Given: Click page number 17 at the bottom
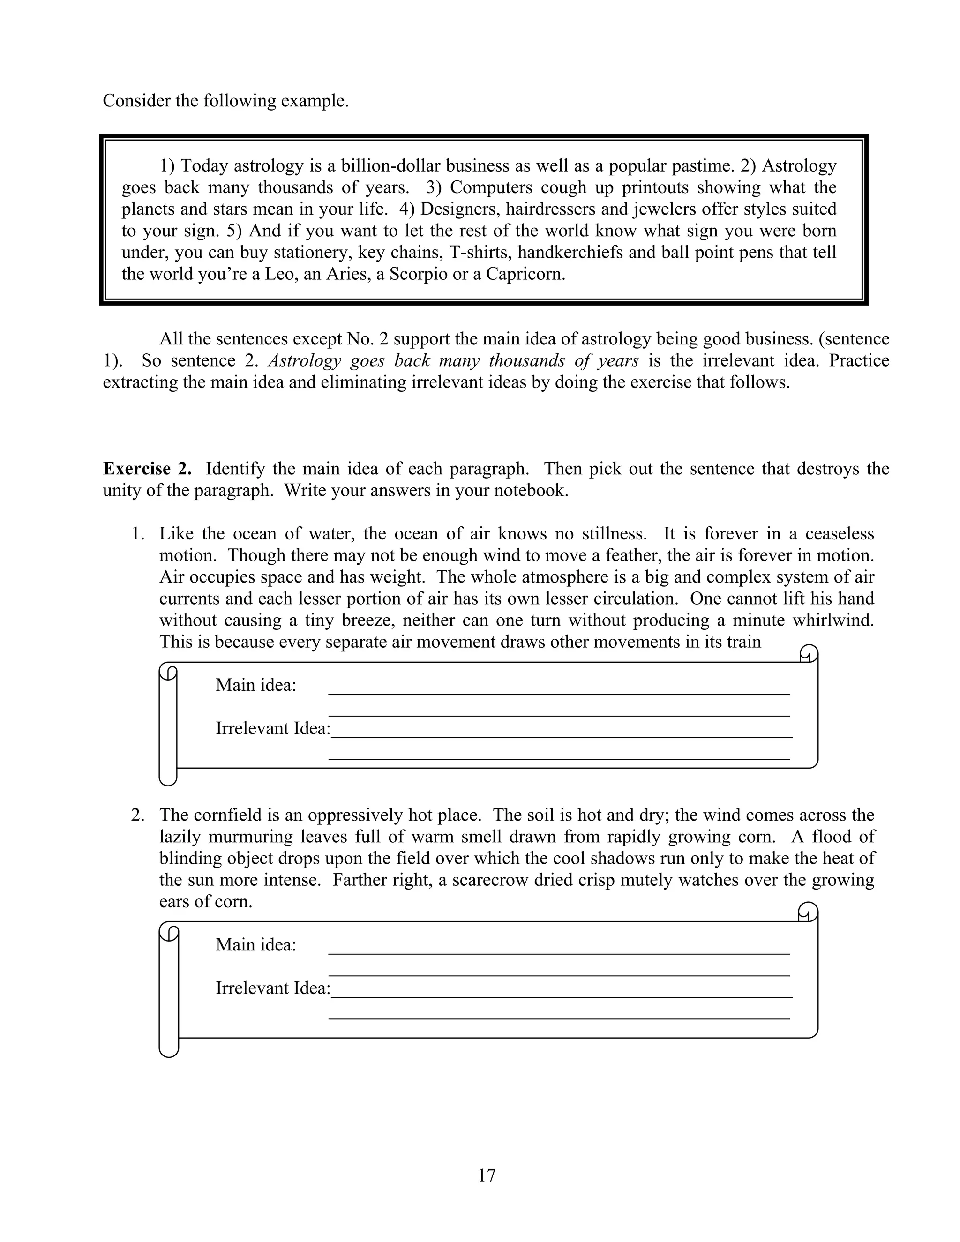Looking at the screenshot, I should pos(487,1175).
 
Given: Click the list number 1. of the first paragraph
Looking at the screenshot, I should pos(138,534).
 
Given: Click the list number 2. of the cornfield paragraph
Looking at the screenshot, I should pos(138,815).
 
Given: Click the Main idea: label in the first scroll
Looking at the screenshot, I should pos(256,685).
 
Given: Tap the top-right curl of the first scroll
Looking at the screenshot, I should pos(808,653).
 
